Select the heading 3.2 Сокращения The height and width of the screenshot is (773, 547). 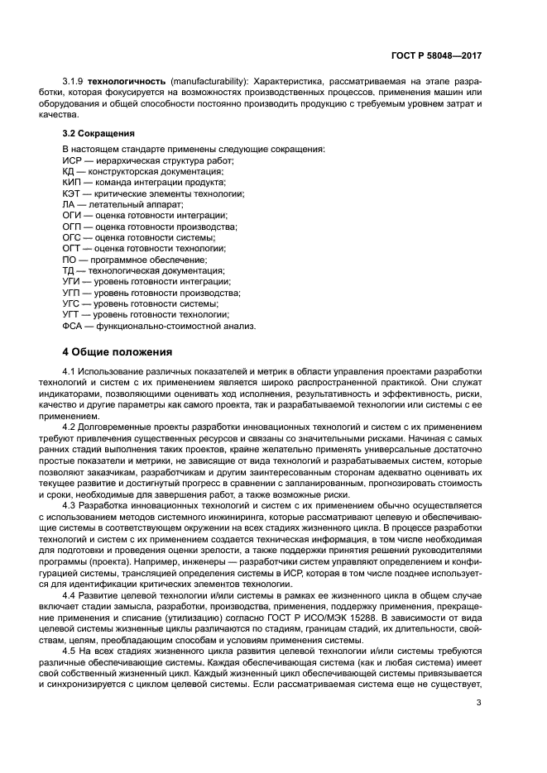[100, 133]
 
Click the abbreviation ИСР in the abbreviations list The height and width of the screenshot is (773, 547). [73, 160]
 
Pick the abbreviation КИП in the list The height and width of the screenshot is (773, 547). [73, 182]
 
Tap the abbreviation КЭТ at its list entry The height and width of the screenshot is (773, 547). [73, 193]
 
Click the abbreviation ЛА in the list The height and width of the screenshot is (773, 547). [70, 204]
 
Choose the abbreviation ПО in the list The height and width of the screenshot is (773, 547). [70, 260]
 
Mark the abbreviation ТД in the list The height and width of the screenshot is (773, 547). [70, 270]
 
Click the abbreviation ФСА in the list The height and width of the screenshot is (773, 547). [74, 326]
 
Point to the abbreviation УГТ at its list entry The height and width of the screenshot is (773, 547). [73, 315]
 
